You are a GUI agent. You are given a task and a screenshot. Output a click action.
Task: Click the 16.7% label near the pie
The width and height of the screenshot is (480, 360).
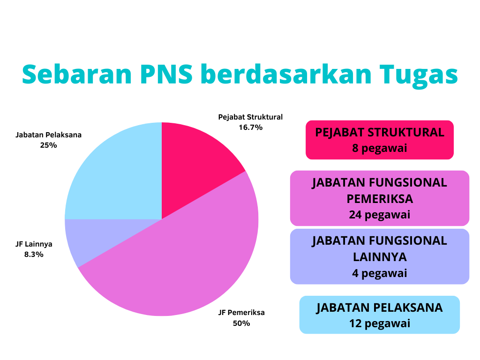[x=250, y=127]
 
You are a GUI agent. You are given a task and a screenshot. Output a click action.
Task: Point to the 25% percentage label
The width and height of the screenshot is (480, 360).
[x=48, y=145]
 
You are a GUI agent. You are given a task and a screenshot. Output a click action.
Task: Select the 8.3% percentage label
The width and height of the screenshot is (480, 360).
[x=34, y=255]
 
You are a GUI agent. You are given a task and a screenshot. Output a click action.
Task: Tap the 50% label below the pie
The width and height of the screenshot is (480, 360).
[x=241, y=323]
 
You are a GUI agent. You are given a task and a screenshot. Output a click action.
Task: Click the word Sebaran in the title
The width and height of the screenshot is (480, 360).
[x=77, y=74]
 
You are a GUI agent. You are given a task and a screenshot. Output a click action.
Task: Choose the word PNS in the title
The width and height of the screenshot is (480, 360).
[x=166, y=74]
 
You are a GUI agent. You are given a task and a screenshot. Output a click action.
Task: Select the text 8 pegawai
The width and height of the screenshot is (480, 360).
[x=380, y=148]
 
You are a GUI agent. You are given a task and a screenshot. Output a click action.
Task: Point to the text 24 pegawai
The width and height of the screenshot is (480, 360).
[x=380, y=215]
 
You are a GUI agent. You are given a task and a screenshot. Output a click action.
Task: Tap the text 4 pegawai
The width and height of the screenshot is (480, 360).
[x=380, y=273]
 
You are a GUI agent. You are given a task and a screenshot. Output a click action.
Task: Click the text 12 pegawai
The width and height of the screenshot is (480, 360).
[x=380, y=323]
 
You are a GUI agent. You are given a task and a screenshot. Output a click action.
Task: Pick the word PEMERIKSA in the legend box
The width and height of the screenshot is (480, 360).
[x=380, y=199]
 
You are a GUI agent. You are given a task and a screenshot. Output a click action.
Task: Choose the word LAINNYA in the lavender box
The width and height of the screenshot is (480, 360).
[x=380, y=257]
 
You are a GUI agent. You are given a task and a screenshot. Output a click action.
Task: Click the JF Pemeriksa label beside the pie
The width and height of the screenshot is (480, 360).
[x=241, y=313]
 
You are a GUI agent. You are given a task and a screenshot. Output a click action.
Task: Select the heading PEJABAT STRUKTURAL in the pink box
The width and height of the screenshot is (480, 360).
[x=380, y=133]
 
